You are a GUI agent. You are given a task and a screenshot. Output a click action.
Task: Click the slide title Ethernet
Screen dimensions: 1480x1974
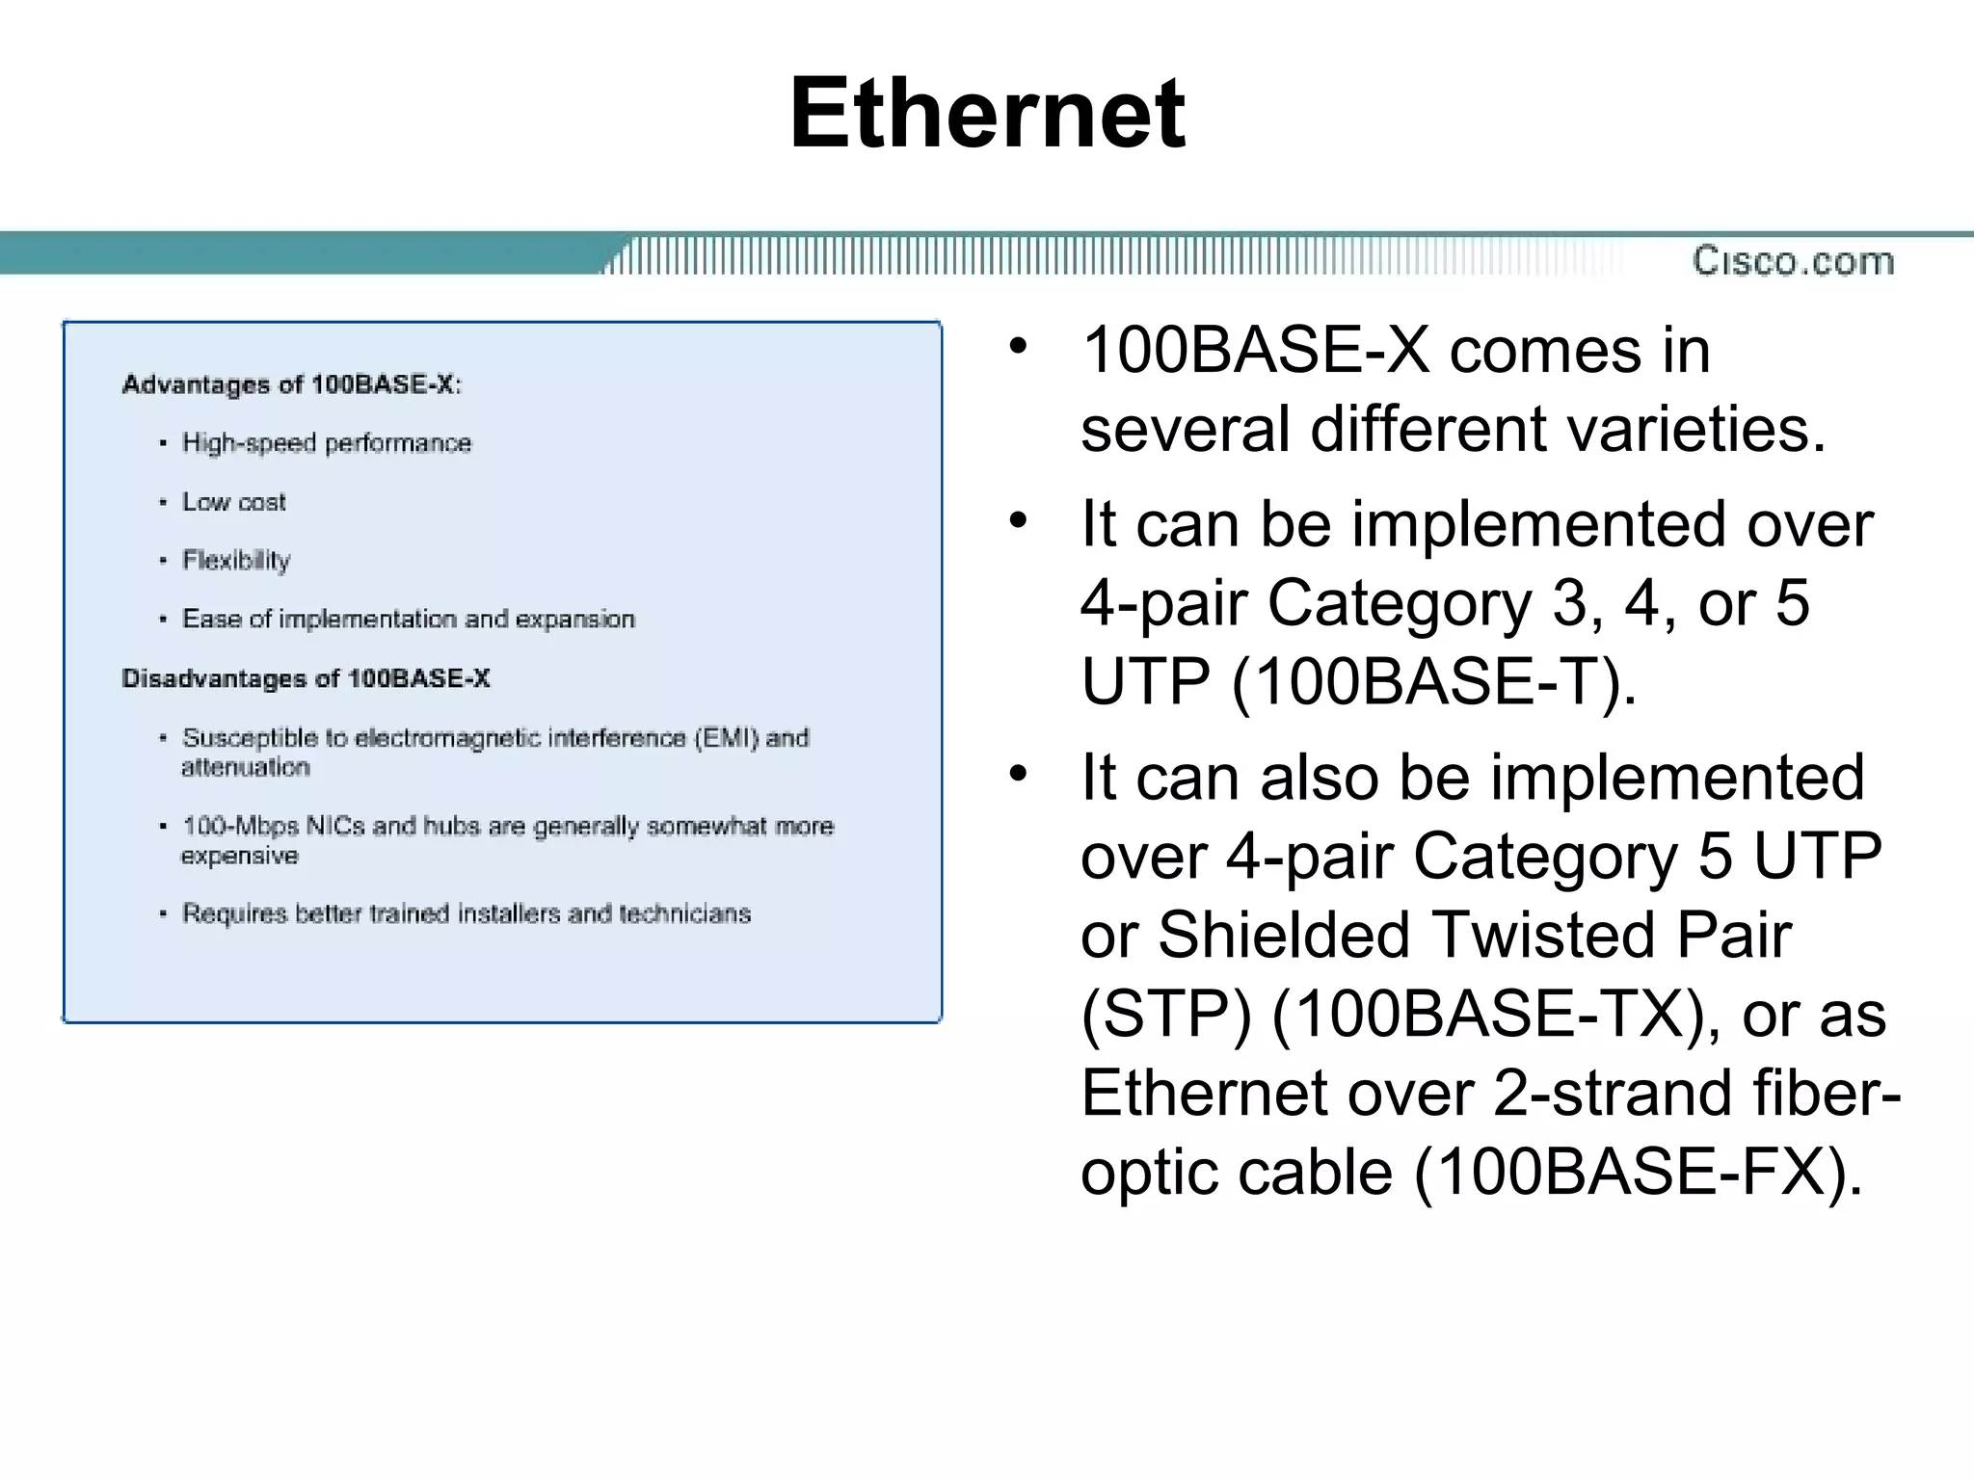tap(987, 114)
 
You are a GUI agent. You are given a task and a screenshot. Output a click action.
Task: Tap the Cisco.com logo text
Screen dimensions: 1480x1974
tap(1793, 261)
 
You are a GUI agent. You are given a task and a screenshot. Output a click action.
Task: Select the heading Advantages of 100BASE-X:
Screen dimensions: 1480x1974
tap(291, 384)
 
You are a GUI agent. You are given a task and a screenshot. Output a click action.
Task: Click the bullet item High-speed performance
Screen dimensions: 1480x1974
tap(326, 443)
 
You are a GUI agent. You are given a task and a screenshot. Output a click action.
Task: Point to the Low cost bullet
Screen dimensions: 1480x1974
tap(233, 502)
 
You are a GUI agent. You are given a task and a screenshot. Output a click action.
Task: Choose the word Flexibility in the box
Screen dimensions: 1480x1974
tap(235, 561)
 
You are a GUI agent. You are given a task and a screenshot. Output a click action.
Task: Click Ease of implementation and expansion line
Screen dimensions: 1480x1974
tap(408, 619)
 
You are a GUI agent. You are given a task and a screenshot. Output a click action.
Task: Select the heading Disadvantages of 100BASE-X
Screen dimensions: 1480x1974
tap(306, 678)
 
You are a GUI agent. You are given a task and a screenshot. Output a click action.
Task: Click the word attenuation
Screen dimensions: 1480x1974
tap(245, 768)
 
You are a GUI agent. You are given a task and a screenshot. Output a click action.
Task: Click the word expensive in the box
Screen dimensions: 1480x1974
tap(239, 857)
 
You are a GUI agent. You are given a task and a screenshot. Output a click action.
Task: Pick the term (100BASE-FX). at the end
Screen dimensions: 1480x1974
tap(1638, 1173)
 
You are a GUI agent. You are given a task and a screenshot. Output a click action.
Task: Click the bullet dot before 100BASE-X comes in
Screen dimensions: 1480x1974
tap(1019, 346)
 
